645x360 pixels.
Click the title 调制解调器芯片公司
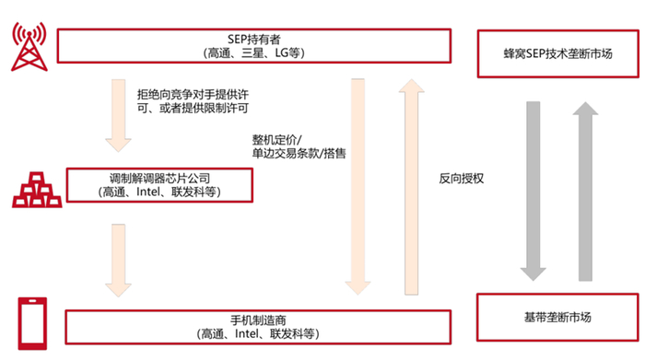click(x=160, y=177)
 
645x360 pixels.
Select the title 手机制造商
click(x=258, y=319)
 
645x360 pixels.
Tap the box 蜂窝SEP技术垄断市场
click(x=558, y=53)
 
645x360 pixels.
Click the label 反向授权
click(x=463, y=178)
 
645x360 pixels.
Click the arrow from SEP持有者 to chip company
click(x=119, y=115)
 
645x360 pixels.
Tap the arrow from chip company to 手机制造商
click(x=119, y=260)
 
